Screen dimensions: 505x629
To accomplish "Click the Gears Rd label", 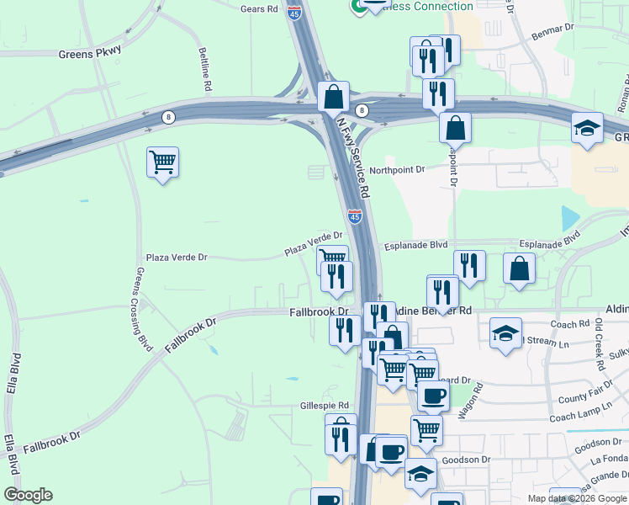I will coord(259,9).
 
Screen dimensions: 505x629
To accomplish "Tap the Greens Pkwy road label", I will coord(90,52).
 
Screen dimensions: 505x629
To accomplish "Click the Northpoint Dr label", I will coord(398,168).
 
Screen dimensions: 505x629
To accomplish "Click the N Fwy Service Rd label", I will coord(352,157).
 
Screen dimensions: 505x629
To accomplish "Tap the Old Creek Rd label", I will coord(599,344).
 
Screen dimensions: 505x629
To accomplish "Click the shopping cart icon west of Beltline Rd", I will coord(162,162).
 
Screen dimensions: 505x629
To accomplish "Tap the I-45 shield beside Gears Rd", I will coord(294,13).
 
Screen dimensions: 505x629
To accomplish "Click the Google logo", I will coord(28,495).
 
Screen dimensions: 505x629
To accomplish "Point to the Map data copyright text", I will coord(576,498).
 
